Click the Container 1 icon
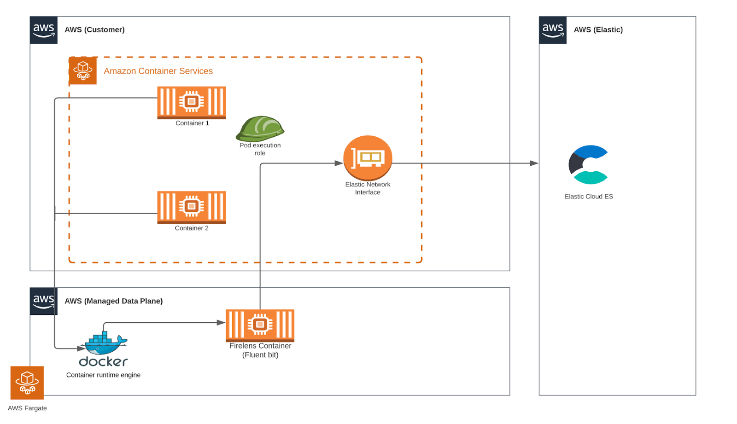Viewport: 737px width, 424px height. pos(191,102)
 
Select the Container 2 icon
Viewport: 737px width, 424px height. pos(191,207)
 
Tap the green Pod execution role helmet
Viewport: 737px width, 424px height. pos(260,128)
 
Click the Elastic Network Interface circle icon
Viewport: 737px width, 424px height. pos(368,157)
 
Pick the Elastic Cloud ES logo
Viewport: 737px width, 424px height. pos(588,164)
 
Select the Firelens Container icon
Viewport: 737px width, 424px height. pos(260,325)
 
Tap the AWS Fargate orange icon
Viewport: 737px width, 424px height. pos(27,383)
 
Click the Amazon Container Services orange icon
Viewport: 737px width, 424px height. pos(83,70)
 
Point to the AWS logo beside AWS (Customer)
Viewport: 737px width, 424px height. pos(44,30)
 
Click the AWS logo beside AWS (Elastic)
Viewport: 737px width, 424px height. pos(553,30)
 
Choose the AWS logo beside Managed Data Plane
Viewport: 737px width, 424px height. pos(44,302)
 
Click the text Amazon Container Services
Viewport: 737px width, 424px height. pos(158,71)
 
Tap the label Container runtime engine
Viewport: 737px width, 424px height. pos(103,375)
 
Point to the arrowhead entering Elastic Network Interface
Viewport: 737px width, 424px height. pos(339,163)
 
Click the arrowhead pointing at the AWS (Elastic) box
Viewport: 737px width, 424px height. pos(534,163)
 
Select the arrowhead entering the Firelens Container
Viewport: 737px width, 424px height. pos(221,323)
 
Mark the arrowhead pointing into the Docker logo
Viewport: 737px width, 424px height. pos(81,348)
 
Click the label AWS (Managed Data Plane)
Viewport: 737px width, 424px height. pos(113,301)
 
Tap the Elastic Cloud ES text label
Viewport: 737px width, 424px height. pos(589,196)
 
